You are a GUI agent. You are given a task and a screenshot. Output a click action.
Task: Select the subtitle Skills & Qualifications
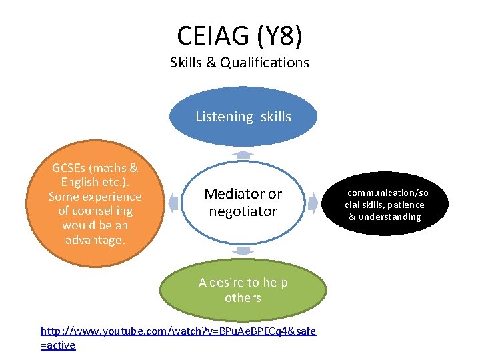point(239,63)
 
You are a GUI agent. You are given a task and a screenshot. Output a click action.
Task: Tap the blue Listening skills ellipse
point(243,116)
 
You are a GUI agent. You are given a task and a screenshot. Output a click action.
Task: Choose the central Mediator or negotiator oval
point(243,202)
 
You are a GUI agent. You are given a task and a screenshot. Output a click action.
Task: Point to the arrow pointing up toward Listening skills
point(244,154)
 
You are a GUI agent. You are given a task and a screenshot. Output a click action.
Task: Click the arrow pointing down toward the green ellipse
point(244,251)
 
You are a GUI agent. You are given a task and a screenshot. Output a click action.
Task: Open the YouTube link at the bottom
point(178,331)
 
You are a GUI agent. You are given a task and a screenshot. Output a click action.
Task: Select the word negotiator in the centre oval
point(243,211)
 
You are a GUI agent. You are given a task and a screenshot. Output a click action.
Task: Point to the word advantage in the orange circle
point(95,239)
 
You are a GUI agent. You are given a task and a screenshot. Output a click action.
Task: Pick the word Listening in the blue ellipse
point(224,117)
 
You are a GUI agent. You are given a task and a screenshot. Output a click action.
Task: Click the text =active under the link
point(58,345)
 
